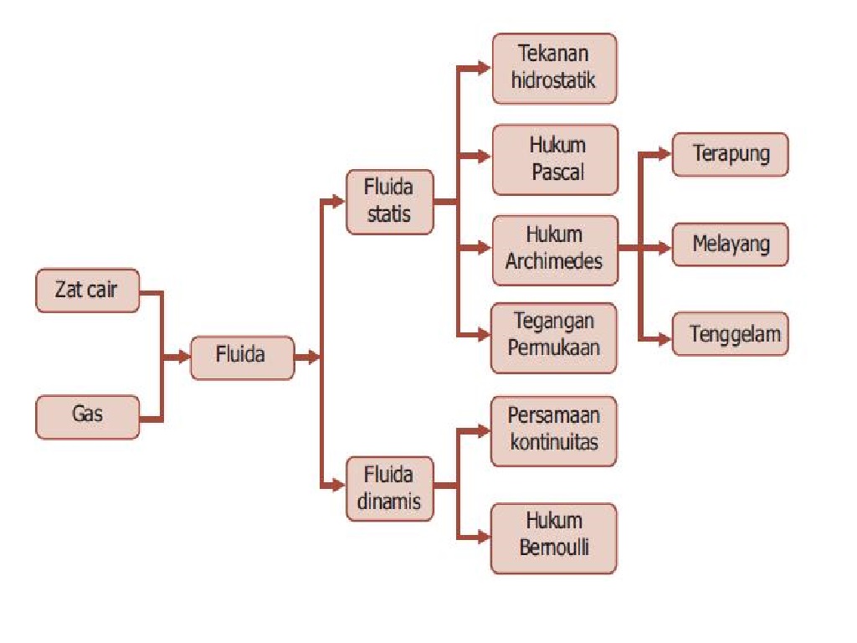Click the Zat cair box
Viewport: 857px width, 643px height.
click(88, 291)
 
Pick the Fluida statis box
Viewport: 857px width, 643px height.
click(389, 202)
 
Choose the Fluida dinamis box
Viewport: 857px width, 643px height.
click(389, 489)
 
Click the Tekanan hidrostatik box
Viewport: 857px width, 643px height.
click(554, 69)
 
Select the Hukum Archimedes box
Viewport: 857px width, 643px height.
click(555, 248)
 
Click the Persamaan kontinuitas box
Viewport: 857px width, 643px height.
click(554, 430)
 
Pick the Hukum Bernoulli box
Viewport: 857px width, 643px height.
click(554, 538)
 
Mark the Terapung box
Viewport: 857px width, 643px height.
click(730, 154)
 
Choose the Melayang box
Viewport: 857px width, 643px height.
click(730, 244)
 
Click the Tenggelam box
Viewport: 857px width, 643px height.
click(730, 335)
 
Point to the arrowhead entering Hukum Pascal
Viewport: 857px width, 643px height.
click(484, 157)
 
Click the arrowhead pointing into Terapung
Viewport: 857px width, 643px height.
click(665, 154)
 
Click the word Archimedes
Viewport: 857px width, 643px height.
click(554, 260)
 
